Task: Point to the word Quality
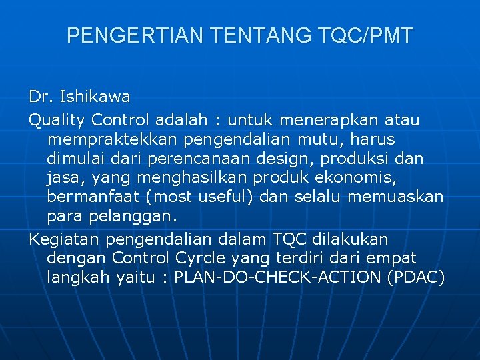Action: coord(57,120)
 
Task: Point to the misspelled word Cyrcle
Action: coord(199,258)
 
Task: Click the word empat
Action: coord(391,258)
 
